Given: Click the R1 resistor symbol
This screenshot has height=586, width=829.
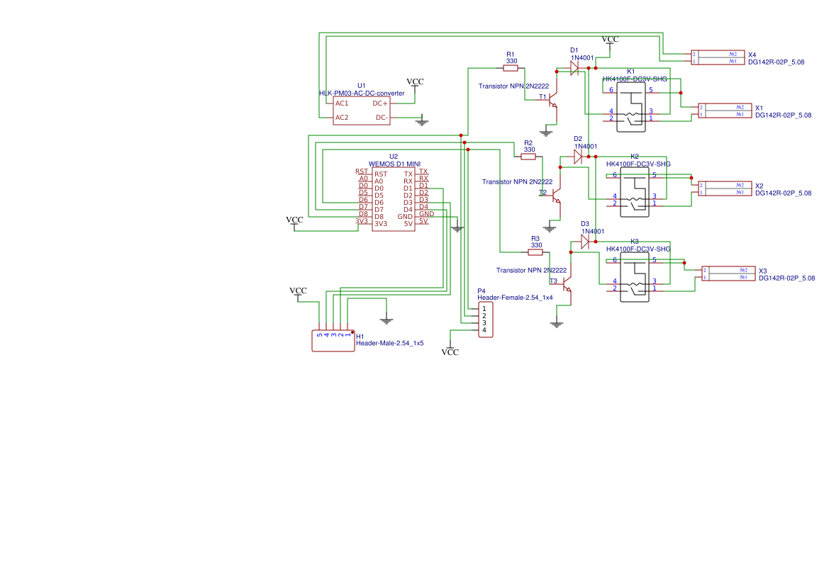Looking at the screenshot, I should (x=511, y=68).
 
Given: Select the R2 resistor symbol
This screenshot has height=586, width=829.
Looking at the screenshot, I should (x=529, y=157).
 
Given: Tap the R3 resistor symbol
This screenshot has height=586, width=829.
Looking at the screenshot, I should (x=535, y=252).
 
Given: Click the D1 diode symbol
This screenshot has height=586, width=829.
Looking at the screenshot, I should (x=575, y=68).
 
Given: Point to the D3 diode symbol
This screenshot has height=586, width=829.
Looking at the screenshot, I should (x=585, y=242).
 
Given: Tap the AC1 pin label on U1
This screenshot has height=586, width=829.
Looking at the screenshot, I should (x=342, y=103).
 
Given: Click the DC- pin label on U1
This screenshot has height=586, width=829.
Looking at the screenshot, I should (x=381, y=118).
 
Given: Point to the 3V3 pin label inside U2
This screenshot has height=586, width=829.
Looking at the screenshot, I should (x=381, y=224).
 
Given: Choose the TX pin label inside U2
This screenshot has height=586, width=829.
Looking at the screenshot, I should (x=408, y=174).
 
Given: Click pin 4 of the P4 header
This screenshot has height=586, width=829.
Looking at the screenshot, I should (x=484, y=330).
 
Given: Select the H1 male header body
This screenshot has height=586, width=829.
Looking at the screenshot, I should (x=333, y=341).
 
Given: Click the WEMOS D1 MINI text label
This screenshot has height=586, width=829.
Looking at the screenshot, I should (x=394, y=164).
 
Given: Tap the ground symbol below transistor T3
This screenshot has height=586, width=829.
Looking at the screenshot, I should (x=557, y=324).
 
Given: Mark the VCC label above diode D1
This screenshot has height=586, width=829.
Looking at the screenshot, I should (x=610, y=40).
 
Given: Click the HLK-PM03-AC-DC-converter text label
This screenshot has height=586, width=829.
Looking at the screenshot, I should (x=362, y=94).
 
